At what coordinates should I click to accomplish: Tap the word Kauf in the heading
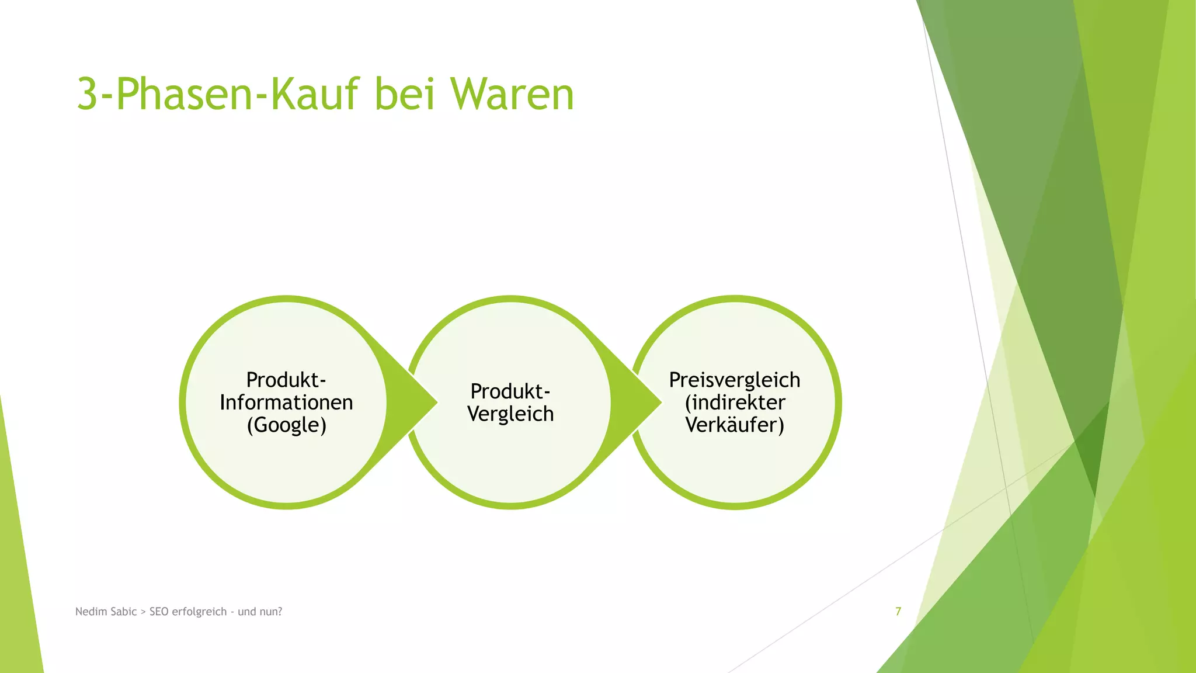click(316, 95)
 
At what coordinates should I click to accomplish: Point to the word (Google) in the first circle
click(286, 425)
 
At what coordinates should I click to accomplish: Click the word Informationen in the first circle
click(286, 403)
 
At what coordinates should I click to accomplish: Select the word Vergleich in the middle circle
click(510, 414)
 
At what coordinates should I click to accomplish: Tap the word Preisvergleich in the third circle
click(735, 380)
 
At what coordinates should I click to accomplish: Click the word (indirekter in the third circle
click(735, 403)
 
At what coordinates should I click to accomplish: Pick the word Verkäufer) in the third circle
click(735, 425)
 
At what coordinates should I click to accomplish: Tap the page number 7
click(898, 612)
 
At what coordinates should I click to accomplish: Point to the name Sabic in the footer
click(123, 612)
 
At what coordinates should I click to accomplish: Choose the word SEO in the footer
click(159, 612)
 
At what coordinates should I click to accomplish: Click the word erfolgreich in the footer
click(199, 612)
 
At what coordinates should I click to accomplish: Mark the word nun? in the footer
click(271, 612)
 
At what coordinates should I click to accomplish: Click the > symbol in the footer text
click(143, 612)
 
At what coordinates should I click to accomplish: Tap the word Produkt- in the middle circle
click(510, 391)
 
